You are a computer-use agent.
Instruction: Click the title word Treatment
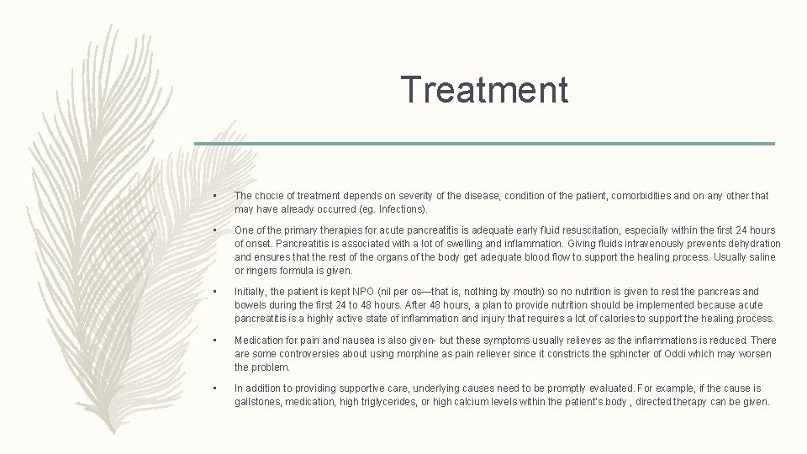[x=484, y=89]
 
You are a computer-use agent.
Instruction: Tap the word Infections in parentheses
[x=402, y=209]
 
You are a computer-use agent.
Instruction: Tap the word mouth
[x=540, y=292]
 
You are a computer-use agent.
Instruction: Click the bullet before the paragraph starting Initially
[x=215, y=292]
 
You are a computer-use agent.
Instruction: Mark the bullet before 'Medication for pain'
[x=215, y=340]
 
